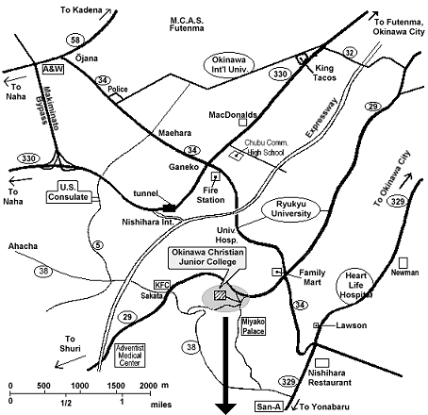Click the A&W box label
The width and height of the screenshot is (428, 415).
tap(53, 69)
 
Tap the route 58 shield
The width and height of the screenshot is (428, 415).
tap(75, 40)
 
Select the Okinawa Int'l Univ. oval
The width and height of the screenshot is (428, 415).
tap(229, 65)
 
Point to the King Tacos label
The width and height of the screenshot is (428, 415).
tap(324, 73)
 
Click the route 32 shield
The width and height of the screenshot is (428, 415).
tap(350, 53)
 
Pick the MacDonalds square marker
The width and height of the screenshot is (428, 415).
tap(242, 122)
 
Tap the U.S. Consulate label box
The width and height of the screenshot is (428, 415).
tap(69, 192)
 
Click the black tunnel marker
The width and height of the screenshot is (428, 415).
tap(169, 207)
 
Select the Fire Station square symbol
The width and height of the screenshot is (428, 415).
tap(216, 176)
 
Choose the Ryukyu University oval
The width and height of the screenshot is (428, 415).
tap(291, 208)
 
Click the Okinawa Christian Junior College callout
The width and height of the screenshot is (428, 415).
tap(206, 257)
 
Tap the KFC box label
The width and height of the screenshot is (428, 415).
tap(162, 285)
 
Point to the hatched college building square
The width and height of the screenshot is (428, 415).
tap(220, 295)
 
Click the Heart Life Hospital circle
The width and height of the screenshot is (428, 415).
tap(355, 286)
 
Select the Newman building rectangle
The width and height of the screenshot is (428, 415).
tap(403, 263)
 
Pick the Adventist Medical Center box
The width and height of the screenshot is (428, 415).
tap(130, 356)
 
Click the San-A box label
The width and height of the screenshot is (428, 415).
tap(269, 407)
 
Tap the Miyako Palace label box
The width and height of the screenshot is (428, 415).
tap(254, 326)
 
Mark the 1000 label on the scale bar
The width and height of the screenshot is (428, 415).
tap(80, 386)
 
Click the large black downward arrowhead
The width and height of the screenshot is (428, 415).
tap(225, 408)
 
